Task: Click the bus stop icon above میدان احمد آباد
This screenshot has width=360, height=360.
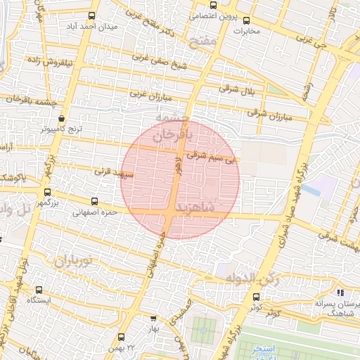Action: [x=92, y=16]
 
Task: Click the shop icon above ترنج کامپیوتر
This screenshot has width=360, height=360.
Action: [x=62, y=119]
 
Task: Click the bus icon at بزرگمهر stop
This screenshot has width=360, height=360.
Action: [x=47, y=192]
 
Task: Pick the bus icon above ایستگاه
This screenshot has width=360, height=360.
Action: [x=39, y=289]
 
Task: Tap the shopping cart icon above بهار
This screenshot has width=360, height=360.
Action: [x=154, y=317]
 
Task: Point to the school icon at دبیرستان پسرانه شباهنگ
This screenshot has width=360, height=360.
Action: [x=341, y=292]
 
